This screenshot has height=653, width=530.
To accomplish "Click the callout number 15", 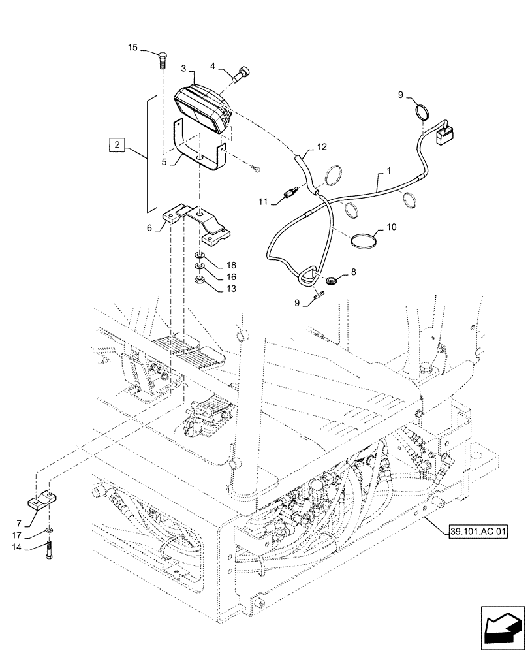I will pos(132,47).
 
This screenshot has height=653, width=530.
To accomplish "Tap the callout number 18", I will pos(230,265).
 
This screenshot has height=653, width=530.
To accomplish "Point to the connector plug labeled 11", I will pos(291,193).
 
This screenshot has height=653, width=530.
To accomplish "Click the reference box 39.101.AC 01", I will pos(478,531).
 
